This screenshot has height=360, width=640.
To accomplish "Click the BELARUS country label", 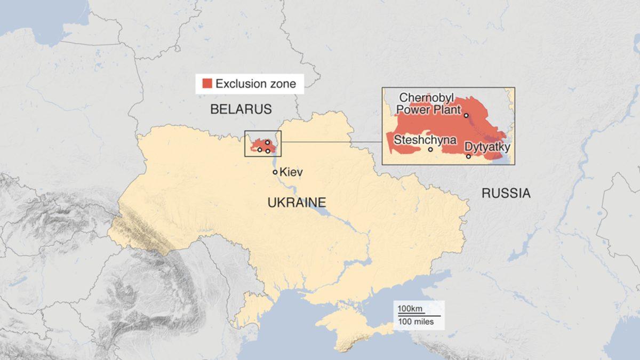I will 241,109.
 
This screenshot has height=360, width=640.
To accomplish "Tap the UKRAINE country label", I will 297,203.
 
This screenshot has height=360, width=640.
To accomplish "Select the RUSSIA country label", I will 506,193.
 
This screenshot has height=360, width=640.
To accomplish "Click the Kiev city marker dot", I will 275,172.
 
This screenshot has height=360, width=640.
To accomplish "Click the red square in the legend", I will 207,84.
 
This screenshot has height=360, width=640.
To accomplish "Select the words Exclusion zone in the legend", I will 255,84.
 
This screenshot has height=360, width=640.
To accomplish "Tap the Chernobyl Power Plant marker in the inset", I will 466,115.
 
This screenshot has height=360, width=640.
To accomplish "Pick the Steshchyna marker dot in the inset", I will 430,149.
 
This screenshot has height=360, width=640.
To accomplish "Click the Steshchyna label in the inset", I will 425,140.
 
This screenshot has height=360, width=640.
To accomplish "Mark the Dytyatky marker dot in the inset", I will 468,156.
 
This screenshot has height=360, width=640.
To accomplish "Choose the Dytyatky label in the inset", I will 487,146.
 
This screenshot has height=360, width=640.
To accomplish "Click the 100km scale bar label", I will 409,309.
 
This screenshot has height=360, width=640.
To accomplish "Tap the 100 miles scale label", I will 415,322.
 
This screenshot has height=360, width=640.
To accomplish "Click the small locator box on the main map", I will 262,143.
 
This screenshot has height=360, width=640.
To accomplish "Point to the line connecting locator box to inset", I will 331,142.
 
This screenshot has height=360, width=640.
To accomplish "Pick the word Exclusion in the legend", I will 239,84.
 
